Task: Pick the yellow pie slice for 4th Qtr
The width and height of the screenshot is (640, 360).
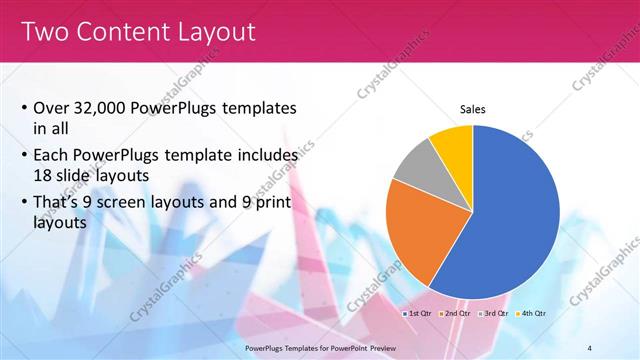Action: pos(452,143)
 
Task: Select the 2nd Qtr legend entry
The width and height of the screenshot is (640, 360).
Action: pos(455,313)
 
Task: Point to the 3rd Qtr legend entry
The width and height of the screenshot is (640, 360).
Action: pos(494,313)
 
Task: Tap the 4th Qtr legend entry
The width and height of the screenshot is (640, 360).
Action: pos(533,313)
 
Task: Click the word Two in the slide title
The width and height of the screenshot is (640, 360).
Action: pos(47,32)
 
